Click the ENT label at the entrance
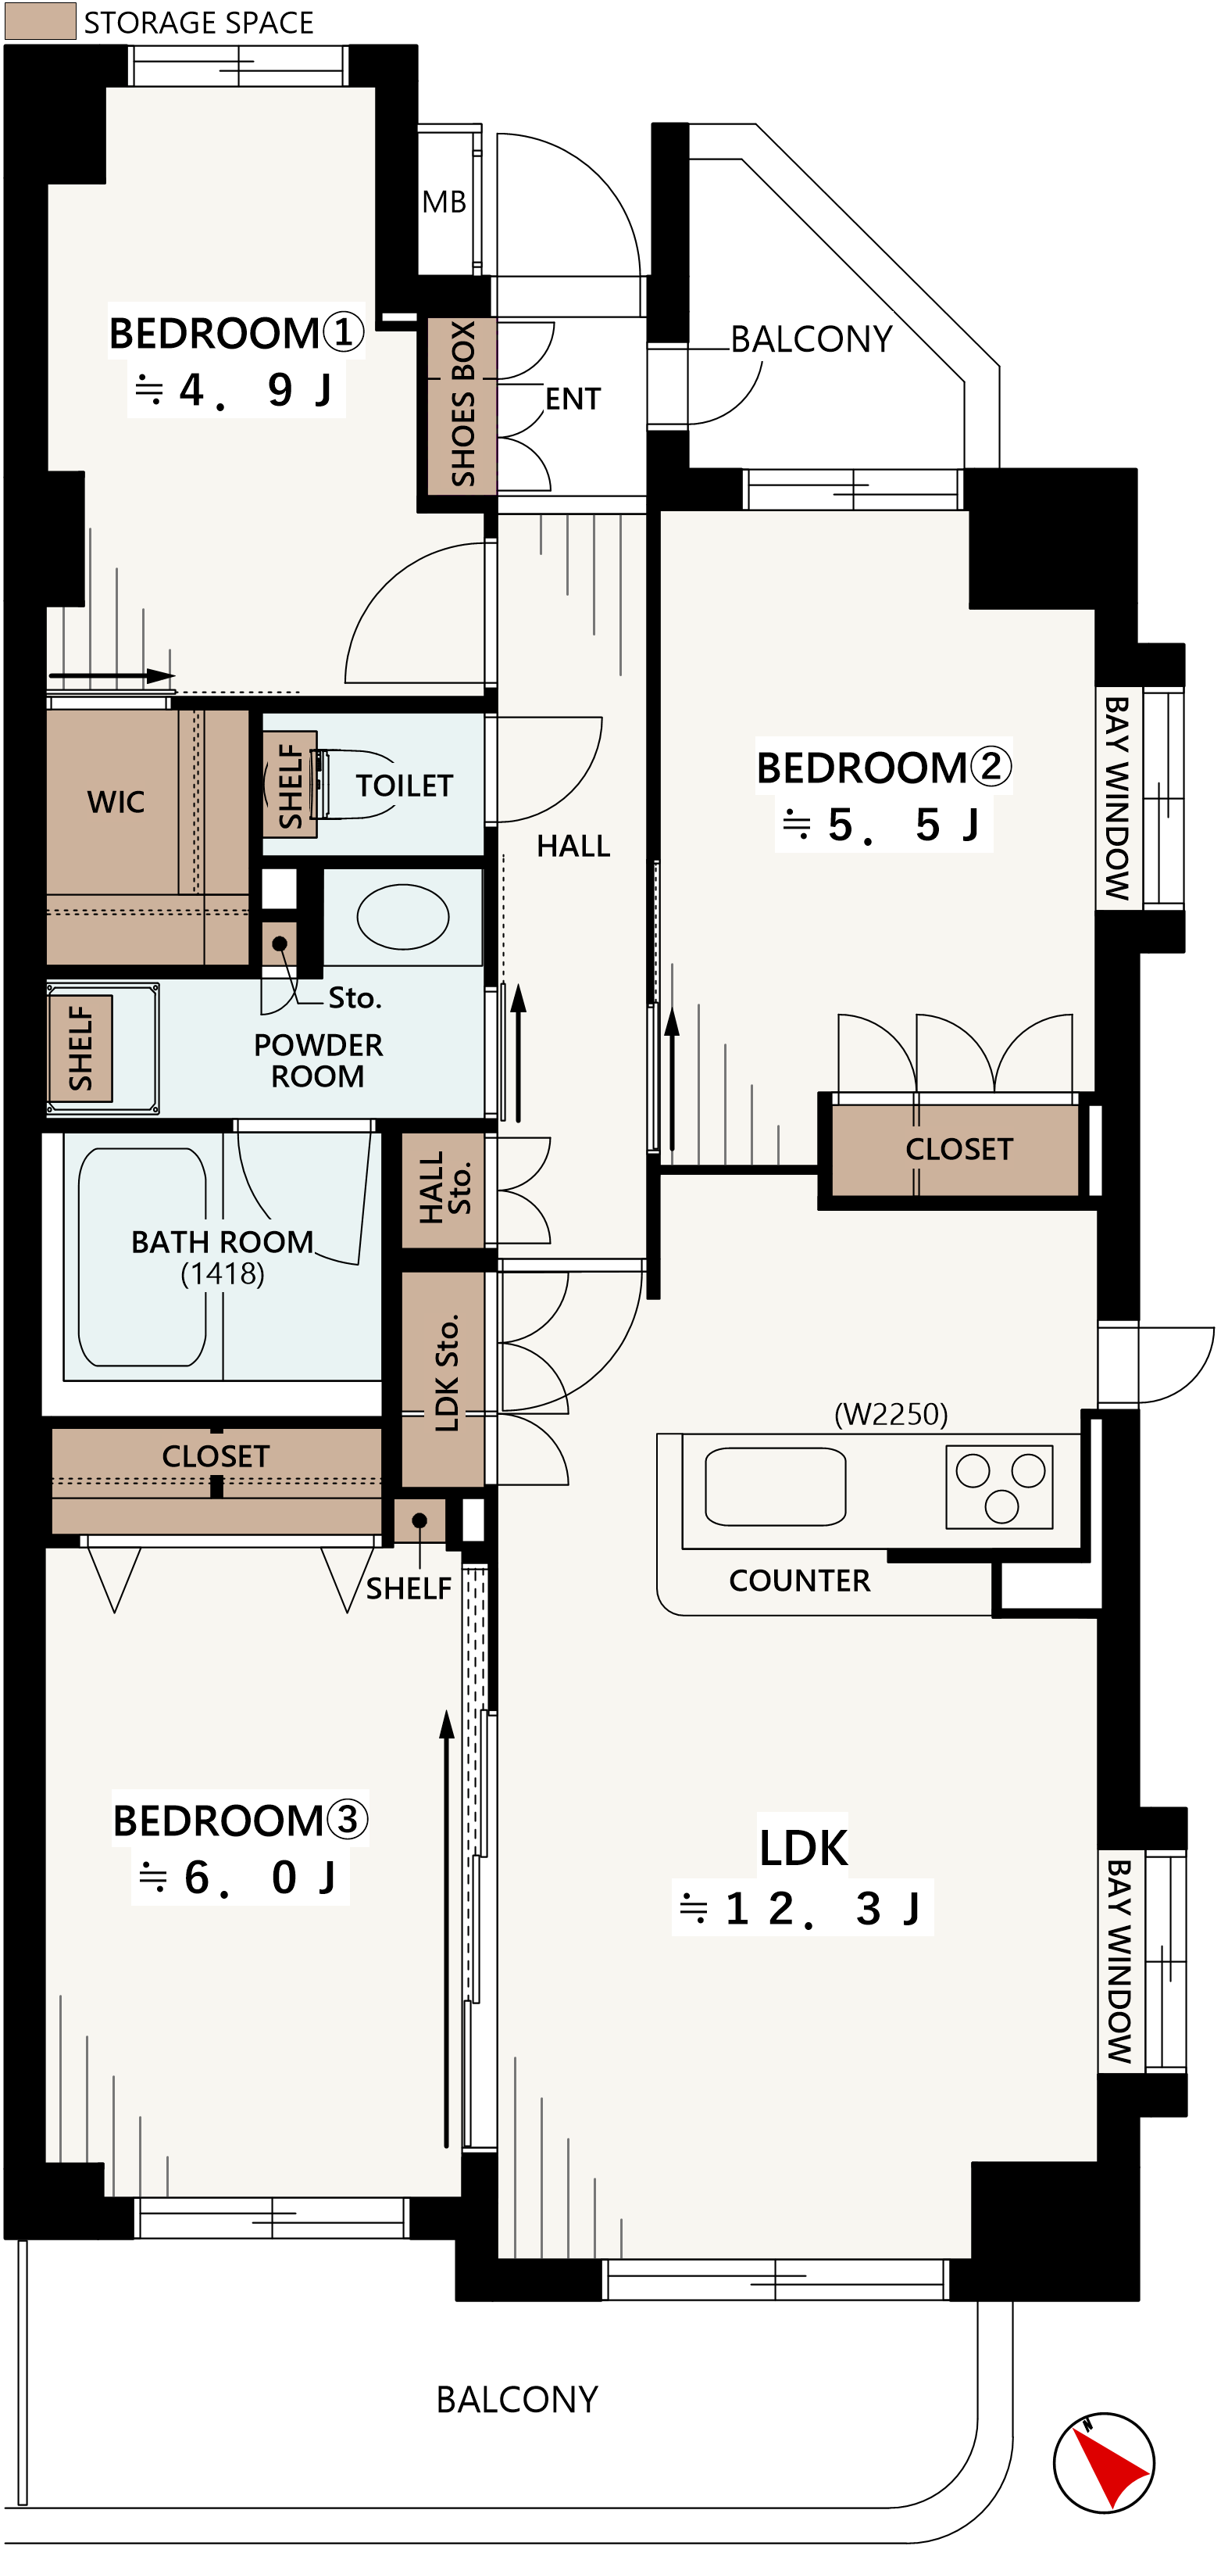click(573, 399)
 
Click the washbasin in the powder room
click(402, 916)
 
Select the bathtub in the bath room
click(142, 1256)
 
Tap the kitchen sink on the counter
click(775, 1486)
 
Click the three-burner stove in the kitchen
click(998, 1486)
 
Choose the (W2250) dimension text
click(891, 1413)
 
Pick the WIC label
click(116, 801)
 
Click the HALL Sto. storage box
click(443, 1190)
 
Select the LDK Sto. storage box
click(443, 1378)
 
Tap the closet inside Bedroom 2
click(954, 1149)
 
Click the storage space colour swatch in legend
click(40, 21)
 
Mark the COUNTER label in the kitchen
click(799, 1580)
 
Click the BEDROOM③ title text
click(240, 1820)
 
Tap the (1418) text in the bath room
click(223, 1273)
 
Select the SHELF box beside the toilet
click(289, 784)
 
